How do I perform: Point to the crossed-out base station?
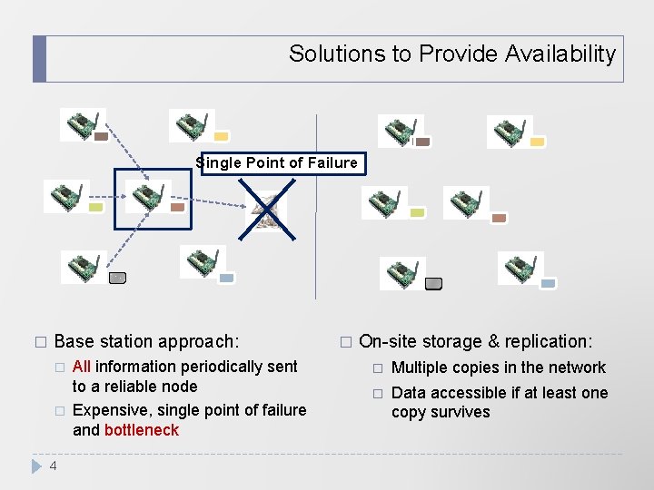click(x=267, y=211)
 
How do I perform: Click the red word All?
click(x=82, y=367)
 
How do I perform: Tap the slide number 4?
click(x=53, y=466)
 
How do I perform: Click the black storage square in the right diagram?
click(x=434, y=283)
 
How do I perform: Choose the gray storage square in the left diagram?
click(x=116, y=278)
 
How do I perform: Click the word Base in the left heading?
click(x=74, y=342)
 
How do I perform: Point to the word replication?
click(x=548, y=342)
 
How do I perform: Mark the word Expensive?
click(x=109, y=410)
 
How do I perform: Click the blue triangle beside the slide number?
click(x=36, y=466)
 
